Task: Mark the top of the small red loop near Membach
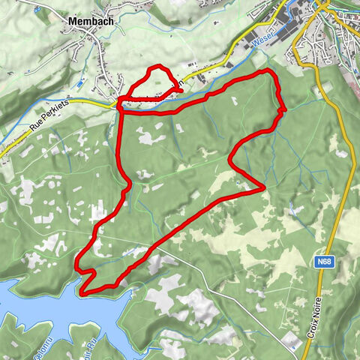[156, 68]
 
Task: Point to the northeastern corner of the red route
[268, 70]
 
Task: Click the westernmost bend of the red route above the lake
[76, 263]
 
